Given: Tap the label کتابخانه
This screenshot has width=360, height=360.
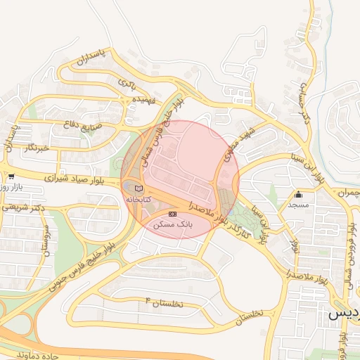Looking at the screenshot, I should point(139,200).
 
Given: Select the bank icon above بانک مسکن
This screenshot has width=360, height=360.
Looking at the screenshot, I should point(173,213).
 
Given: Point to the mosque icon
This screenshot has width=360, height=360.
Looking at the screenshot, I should point(299,195).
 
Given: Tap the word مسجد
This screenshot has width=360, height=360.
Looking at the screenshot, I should point(299,205).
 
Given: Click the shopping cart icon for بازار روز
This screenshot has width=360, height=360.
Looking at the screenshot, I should point(11,176).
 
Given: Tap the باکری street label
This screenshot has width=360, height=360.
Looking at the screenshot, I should point(127,84).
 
